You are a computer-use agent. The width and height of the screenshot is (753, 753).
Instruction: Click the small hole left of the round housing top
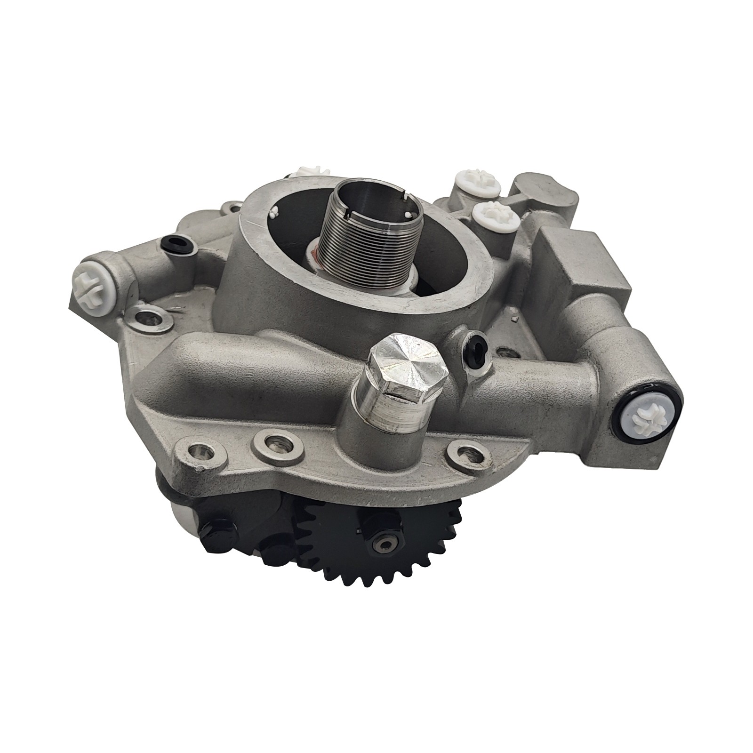232,208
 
